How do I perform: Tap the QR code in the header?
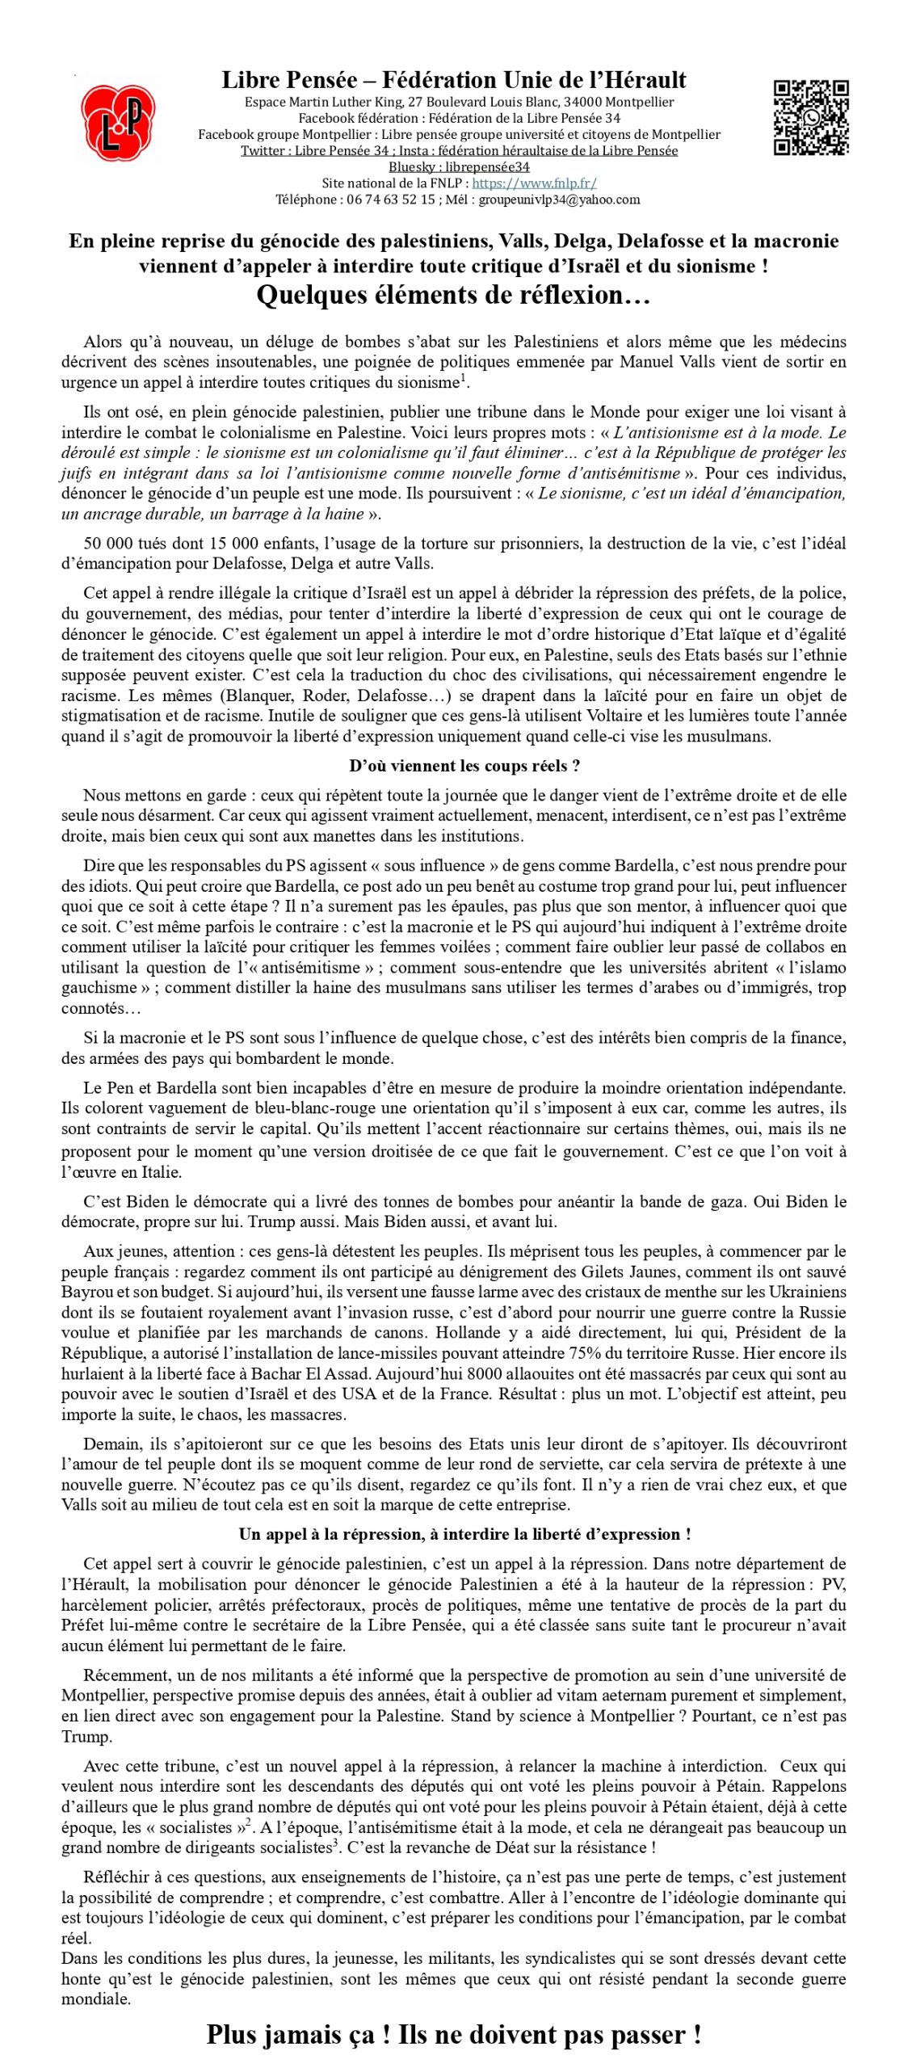click(x=810, y=117)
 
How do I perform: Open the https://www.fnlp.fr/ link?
click(x=534, y=183)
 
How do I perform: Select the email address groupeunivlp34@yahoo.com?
click(x=559, y=200)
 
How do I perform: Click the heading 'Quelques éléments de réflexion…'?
click(x=453, y=295)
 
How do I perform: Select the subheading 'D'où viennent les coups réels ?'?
click(x=464, y=766)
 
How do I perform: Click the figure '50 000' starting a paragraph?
click(x=107, y=543)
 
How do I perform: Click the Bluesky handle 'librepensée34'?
click(x=487, y=167)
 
